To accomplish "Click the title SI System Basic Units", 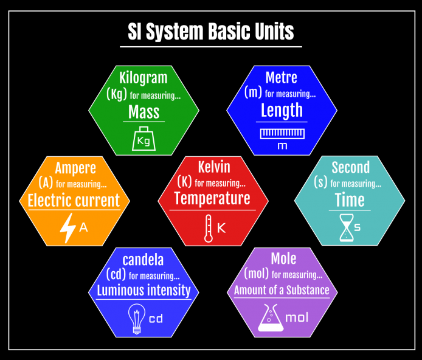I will click(x=211, y=31).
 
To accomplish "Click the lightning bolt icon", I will click(x=67, y=228).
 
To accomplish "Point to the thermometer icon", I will click(x=208, y=228).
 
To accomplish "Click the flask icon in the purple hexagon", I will click(x=271, y=317).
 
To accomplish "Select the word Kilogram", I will click(x=144, y=78).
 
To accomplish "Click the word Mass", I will click(x=144, y=112).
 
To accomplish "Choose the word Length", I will click(x=282, y=110).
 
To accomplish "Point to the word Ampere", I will click(x=75, y=167).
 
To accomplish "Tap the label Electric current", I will click(x=74, y=201).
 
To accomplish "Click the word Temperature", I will click(x=212, y=198).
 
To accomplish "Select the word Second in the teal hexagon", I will click(x=350, y=167).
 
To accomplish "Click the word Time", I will click(x=350, y=199).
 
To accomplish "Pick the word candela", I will click(x=143, y=260).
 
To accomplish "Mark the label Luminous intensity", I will click(x=144, y=290).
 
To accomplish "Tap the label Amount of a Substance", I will click(x=282, y=290).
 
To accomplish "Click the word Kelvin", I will click(x=214, y=166).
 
